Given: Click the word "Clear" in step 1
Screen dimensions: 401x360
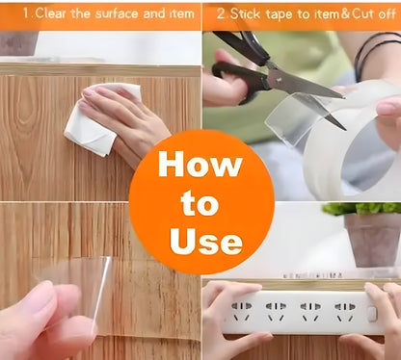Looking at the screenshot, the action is [x=50, y=13].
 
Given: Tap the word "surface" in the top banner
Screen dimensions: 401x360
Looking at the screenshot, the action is [x=118, y=13].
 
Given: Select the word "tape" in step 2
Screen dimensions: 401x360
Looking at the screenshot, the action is [x=280, y=14].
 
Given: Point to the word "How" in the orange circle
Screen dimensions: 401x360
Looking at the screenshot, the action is [x=200, y=164].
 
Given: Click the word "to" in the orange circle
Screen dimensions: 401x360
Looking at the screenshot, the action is [x=200, y=203].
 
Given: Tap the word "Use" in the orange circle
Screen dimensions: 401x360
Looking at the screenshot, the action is [x=206, y=242].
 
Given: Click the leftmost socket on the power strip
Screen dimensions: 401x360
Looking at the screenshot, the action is [x=242, y=311].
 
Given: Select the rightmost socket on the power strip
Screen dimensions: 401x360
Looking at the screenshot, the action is [x=345, y=311].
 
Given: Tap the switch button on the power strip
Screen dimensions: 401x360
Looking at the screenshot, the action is [x=372, y=314].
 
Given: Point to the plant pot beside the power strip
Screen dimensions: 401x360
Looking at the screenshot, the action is [x=373, y=239].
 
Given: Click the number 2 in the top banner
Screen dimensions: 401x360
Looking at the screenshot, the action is [x=221, y=14].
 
